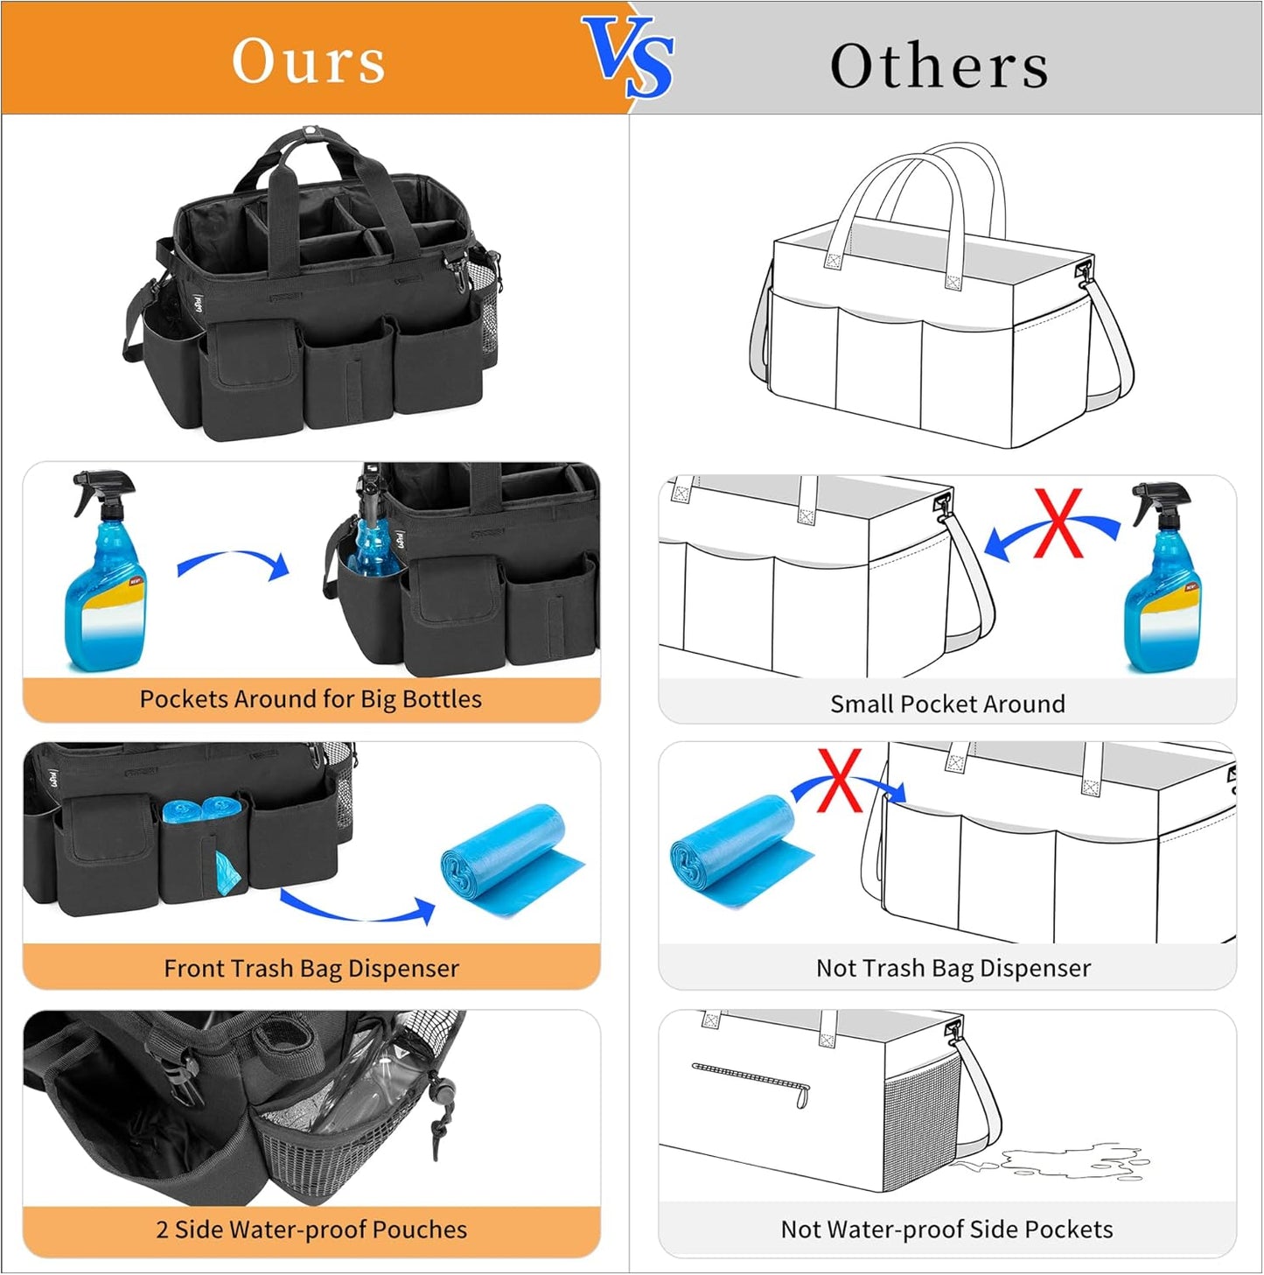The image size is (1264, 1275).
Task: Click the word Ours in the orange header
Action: pyautogui.click(x=308, y=61)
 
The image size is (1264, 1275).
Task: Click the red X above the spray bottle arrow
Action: pyautogui.click(x=1058, y=523)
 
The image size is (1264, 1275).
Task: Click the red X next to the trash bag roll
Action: pyautogui.click(x=840, y=780)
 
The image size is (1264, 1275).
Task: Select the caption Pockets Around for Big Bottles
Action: pyautogui.click(x=311, y=699)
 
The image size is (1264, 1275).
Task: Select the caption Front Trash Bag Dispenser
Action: pyautogui.click(x=311, y=968)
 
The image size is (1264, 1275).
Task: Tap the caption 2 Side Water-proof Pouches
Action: pyautogui.click(x=311, y=1229)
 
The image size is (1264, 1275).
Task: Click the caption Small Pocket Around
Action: pyautogui.click(x=947, y=704)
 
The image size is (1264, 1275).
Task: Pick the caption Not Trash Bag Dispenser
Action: pyautogui.click(x=953, y=968)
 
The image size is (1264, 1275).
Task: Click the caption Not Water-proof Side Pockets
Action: pyautogui.click(x=946, y=1229)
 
